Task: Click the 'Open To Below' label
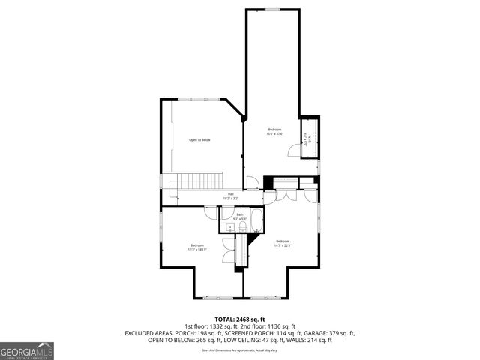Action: tap(199, 140)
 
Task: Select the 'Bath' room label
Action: tap(240, 214)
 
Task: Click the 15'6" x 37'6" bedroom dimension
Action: tap(276, 134)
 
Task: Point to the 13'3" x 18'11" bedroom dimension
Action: tap(197, 250)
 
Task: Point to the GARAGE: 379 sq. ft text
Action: tap(331, 333)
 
